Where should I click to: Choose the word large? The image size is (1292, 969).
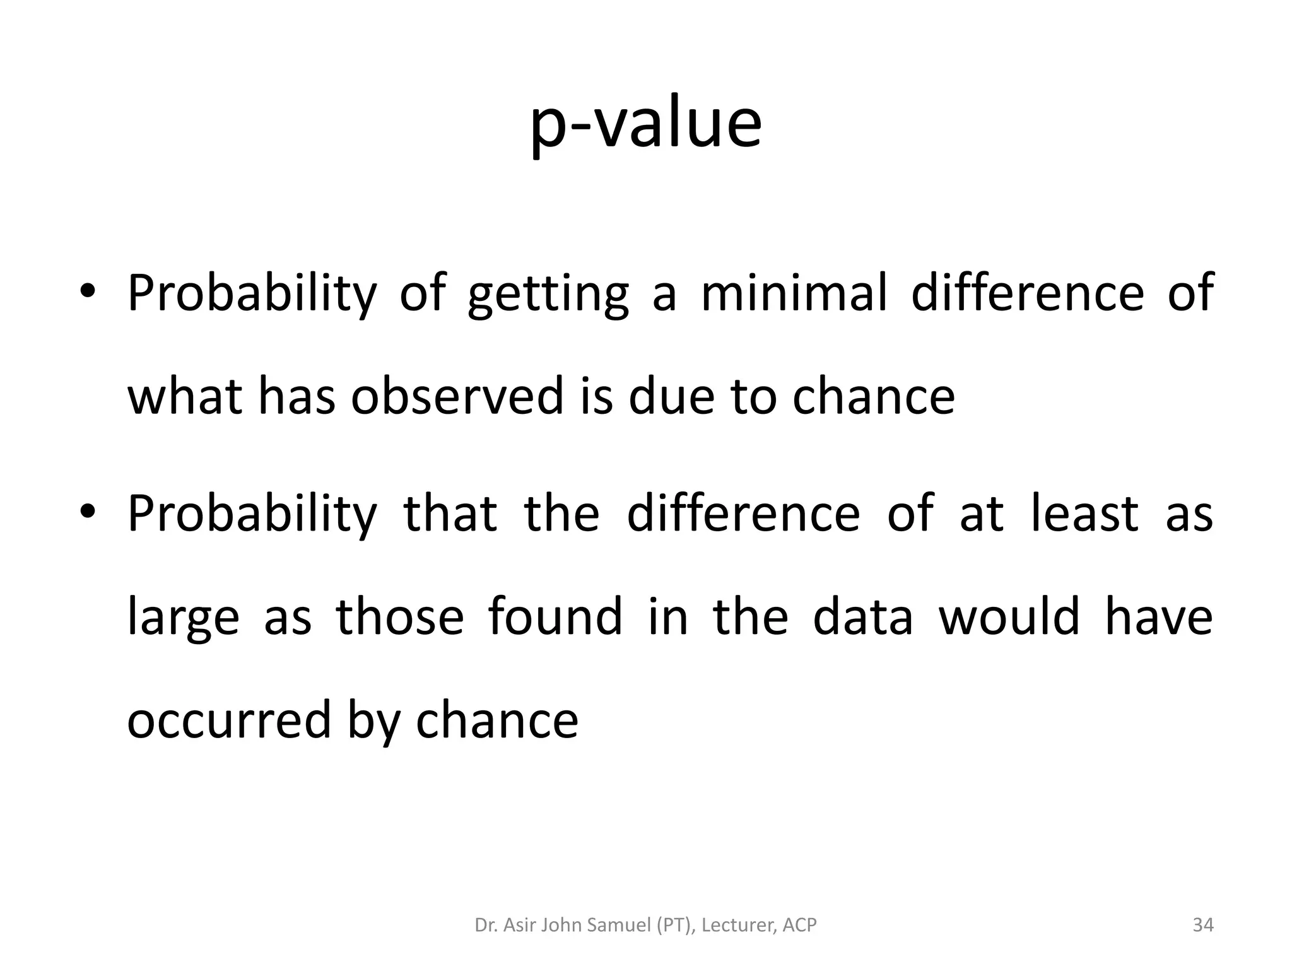(x=183, y=617)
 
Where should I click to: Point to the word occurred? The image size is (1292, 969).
(x=229, y=720)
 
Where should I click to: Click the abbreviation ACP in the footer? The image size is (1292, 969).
(x=799, y=925)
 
